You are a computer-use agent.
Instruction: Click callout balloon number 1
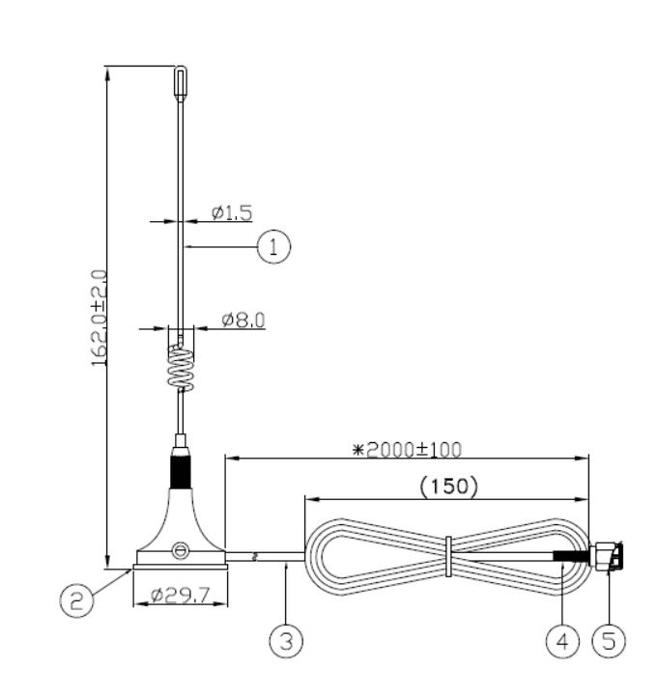[x=273, y=247]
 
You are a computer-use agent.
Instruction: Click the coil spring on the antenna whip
[x=181, y=365]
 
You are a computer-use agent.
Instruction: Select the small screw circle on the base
[x=179, y=550]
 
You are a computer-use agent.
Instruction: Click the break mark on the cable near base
[x=254, y=557]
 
